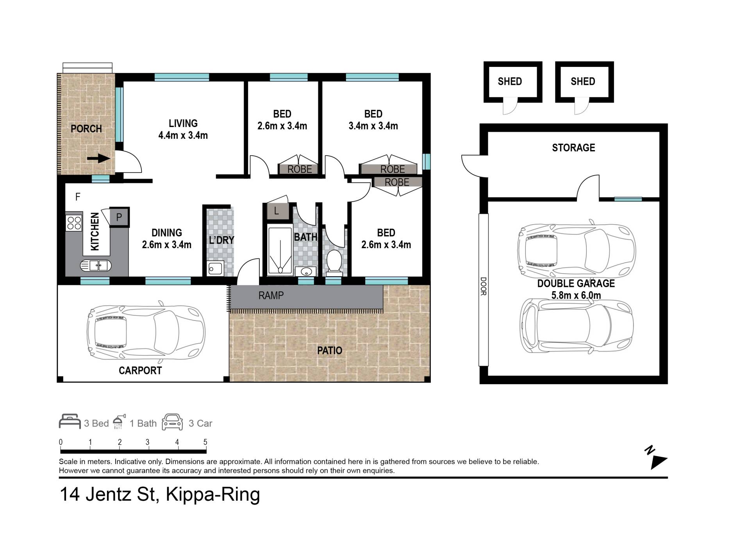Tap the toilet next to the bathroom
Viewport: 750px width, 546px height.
(x=334, y=261)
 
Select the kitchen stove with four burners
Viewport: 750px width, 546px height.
(x=74, y=223)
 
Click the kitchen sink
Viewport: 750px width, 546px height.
(x=96, y=265)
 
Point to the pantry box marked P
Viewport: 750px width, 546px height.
(x=119, y=217)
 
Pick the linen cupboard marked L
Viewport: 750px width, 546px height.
(x=277, y=211)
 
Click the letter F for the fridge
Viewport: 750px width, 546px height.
(x=78, y=197)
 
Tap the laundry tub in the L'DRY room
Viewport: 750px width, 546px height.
(x=215, y=269)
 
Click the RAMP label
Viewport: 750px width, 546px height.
(x=271, y=295)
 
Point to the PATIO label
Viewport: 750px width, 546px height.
(x=330, y=351)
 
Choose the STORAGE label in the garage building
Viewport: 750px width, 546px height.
(x=573, y=148)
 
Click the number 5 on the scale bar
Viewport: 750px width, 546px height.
(x=205, y=442)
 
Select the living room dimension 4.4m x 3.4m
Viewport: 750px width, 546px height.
(x=183, y=136)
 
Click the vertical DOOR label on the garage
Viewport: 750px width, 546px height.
(x=484, y=286)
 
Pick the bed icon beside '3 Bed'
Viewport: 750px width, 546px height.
(x=70, y=422)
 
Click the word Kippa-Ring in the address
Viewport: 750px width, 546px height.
(x=213, y=494)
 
